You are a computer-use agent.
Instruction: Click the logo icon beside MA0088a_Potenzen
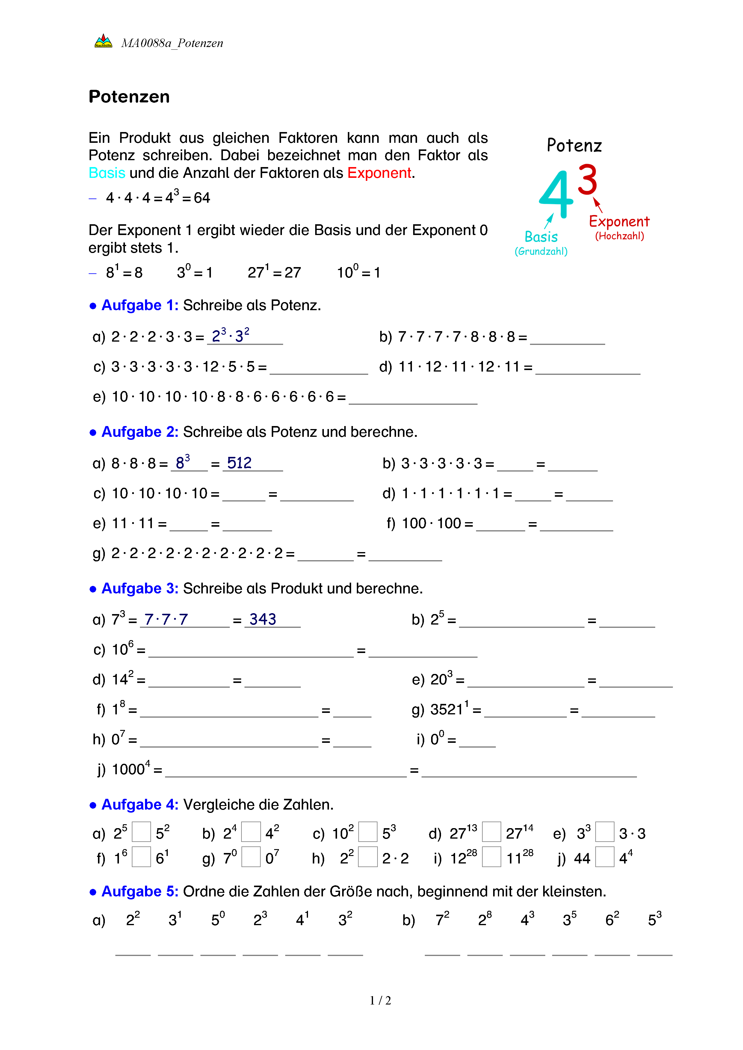pyautogui.click(x=103, y=42)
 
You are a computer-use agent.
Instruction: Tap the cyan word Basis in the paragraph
pyautogui.click(x=107, y=173)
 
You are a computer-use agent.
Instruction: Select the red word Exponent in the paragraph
pyautogui.click(x=379, y=173)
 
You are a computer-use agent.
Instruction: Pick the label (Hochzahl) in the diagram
pyautogui.click(x=620, y=236)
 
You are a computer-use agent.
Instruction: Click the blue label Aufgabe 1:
pyautogui.click(x=140, y=305)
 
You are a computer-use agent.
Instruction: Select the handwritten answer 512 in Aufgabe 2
pyautogui.click(x=239, y=463)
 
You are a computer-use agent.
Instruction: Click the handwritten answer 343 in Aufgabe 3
pyautogui.click(x=263, y=619)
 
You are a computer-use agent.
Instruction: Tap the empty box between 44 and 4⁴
pyautogui.click(x=605, y=857)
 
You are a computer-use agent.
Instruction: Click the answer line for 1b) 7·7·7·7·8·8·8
pyautogui.click(x=567, y=338)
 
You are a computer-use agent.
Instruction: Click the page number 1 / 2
pyautogui.click(x=380, y=1001)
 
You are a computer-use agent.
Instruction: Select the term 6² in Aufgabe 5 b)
pyautogui.click(x=612, y=919)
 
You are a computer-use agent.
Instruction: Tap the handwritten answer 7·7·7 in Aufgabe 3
pyautogui.click(x=166, y=619)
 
